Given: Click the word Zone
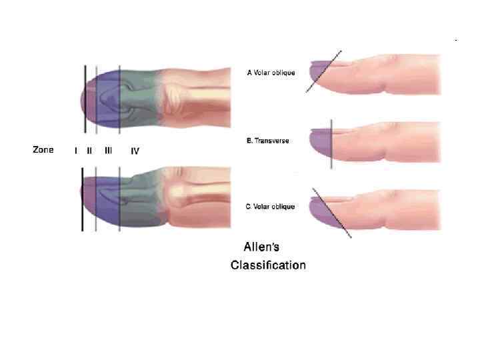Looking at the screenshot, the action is [x=43, y=150].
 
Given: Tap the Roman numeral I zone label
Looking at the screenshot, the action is [x=76, y=151].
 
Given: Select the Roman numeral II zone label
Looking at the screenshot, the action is [x=89, y=151].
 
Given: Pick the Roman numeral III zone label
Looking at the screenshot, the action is [x=108, y=151].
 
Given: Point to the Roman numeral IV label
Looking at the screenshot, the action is [x=135, y=151].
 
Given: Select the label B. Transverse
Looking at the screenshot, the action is [x=268, y=141].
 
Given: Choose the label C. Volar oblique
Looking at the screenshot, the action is [x=271, y=207].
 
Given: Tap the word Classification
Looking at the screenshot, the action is [x=268, y=265].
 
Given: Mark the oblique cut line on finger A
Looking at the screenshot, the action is [x=325, y=71].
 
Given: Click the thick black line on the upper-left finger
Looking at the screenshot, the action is [x=85, y=100].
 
